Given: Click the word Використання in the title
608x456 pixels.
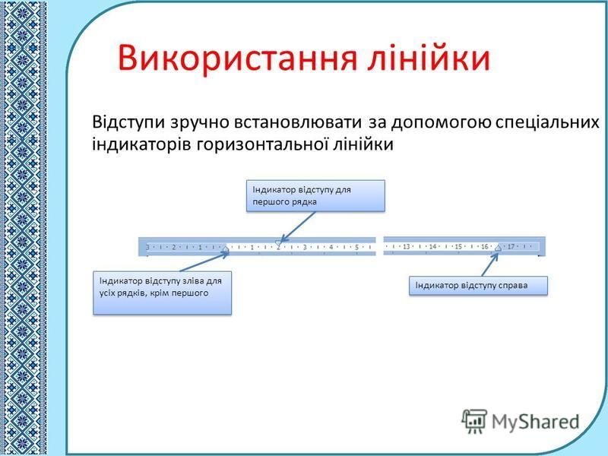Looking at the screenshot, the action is [237, 59].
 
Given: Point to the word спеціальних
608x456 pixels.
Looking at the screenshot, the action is [547, 122].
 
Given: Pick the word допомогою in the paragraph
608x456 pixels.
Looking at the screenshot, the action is [442, 122].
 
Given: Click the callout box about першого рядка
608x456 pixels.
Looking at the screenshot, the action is [315, 196].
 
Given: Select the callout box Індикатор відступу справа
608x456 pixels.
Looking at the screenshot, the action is [478, 286].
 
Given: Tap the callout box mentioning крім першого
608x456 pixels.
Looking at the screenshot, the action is [162, 293].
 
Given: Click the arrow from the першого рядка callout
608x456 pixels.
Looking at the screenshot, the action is [297, 227].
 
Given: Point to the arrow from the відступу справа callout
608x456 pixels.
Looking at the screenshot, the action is [489, 264].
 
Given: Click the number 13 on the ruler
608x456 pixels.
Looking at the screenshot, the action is [407, 246].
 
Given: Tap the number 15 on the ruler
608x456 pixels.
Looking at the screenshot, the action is [458, 246].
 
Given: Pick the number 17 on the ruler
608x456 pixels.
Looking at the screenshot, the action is [511, 246].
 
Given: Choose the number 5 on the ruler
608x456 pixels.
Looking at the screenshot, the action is [356, 247].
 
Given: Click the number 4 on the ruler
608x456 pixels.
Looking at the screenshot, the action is [331, 247].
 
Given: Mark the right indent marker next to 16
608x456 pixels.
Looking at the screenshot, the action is [499, 248].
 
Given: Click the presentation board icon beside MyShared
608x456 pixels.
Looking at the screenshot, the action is [474, 421].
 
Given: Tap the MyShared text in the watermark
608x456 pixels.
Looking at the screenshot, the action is [536, 422].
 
